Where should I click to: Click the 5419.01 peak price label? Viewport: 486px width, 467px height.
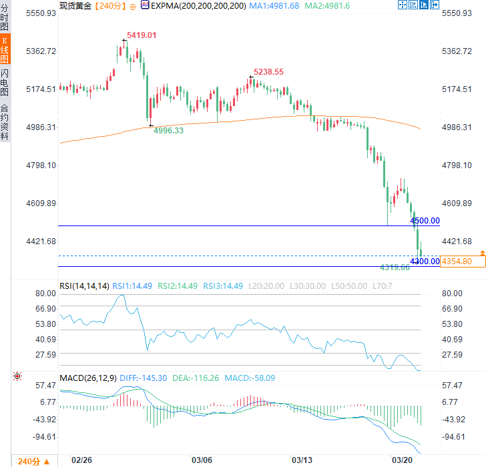142,35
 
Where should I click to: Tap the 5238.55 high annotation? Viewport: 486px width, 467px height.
268,72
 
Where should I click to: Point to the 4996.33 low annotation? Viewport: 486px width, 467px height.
168,131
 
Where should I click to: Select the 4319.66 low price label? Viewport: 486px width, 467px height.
395,267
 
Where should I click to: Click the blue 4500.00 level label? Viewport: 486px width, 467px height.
425,220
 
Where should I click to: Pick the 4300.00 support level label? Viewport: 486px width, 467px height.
425,261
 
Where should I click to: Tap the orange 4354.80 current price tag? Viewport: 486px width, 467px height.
457,261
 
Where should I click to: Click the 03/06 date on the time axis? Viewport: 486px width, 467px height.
202,460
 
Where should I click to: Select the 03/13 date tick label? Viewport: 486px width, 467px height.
302,460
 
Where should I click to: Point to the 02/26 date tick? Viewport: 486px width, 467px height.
81,460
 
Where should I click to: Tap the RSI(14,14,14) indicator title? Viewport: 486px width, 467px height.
84,286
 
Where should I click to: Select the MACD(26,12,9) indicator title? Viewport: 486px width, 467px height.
88,378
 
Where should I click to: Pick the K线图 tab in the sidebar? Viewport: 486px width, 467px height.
5,50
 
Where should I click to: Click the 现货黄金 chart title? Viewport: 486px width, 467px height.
75,6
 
